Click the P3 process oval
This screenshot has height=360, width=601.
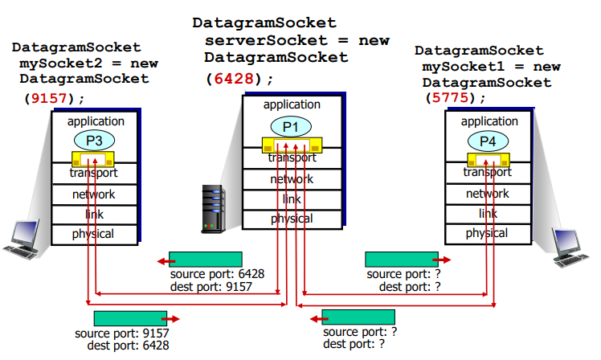95,140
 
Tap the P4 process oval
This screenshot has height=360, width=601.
489,140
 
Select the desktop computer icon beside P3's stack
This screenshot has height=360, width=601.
22,239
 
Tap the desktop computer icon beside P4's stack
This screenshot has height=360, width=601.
571,246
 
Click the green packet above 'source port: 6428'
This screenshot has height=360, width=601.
206,260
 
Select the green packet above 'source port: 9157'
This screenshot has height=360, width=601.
130,317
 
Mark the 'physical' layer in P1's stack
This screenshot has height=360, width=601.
291,219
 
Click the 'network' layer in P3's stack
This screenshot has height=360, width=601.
94,194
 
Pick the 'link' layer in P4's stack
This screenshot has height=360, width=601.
488,214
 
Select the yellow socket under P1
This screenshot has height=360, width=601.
291,145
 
